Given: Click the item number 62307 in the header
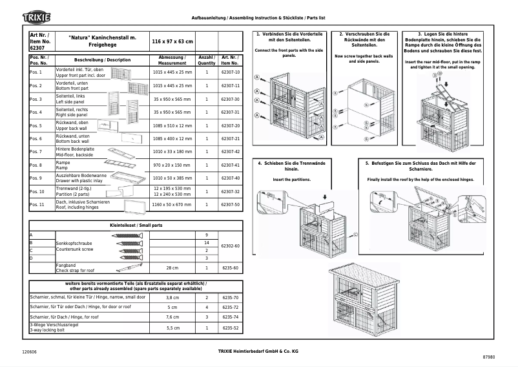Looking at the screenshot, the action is tap(37, 48).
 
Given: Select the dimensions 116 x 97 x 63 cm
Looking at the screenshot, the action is tap(172, 41).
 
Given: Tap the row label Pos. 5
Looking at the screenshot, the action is tap(36, 126).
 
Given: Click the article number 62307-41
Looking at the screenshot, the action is tap(230, 165).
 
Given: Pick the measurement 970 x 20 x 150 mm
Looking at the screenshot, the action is tap(172, 165).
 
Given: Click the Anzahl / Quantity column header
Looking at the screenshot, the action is tap(206, 60).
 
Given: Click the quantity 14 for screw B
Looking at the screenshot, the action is tap(206, 242).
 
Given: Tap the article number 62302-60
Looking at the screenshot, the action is tap(230, 246).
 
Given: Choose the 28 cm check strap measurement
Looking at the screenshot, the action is tap(172, 267).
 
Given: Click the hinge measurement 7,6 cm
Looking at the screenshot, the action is tap(172, 318).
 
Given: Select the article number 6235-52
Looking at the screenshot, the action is tap(230, 328).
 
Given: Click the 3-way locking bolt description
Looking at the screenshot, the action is tap(48, 330).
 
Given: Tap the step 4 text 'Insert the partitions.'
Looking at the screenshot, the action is tap(291, 179).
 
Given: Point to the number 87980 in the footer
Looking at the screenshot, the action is tap(488, 357).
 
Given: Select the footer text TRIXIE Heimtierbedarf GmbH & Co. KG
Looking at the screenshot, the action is tap(249, 350).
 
